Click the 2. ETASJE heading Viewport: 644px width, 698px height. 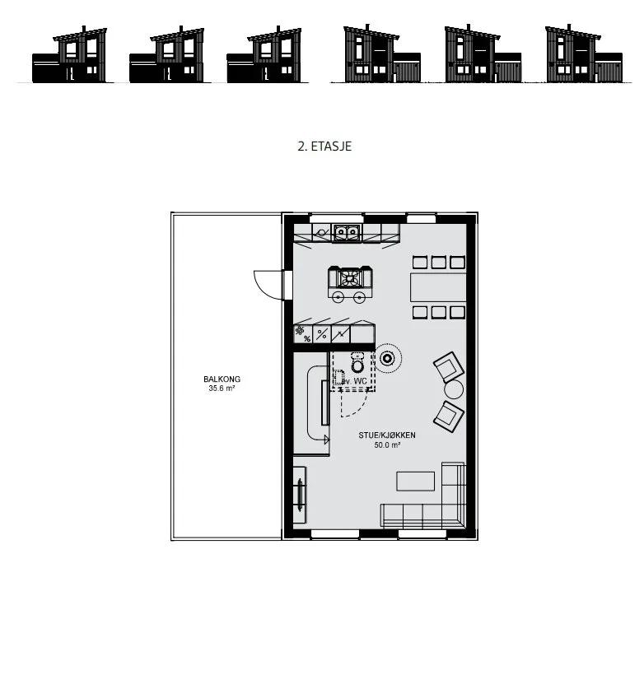pyautogui.click(x=324, y=147)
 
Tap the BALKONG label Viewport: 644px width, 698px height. pyautogui.click(x=222, y=379)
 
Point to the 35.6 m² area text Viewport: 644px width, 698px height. pyautogui.click(x=222, y=389)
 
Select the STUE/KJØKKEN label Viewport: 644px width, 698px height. pyautogui.click(x=387, y=435)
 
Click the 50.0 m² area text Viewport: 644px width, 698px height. pyautogui.click(x=387, y=444)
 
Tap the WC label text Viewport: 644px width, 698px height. pyautogui.click(x=361, y=381)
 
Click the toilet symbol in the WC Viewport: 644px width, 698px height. pyautogui.click(x=357, y=363)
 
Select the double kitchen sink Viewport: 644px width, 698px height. pyautogui.click(x=347, y=232)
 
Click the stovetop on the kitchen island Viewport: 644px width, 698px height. pyautogui.click(x=351, y=278)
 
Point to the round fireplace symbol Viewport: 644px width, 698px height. pyautogui.click(x=387, y=358)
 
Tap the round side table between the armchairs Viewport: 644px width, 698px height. pyautogui.click(x=454, y=389)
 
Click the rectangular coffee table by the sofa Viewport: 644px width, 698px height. pyautogui.click(x=416, y=482)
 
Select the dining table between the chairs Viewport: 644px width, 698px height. pyautogui.click(x=438, y=287)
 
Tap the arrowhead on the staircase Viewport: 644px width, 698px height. pyautogui.click(x=326, y=440)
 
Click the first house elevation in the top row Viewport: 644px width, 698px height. pyautogui.click(x=69, y=54)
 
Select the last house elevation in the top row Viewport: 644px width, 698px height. pyautogui.click(x=584, y=54)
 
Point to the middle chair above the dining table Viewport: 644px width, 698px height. pyautogui.click(x=439, y=262)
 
